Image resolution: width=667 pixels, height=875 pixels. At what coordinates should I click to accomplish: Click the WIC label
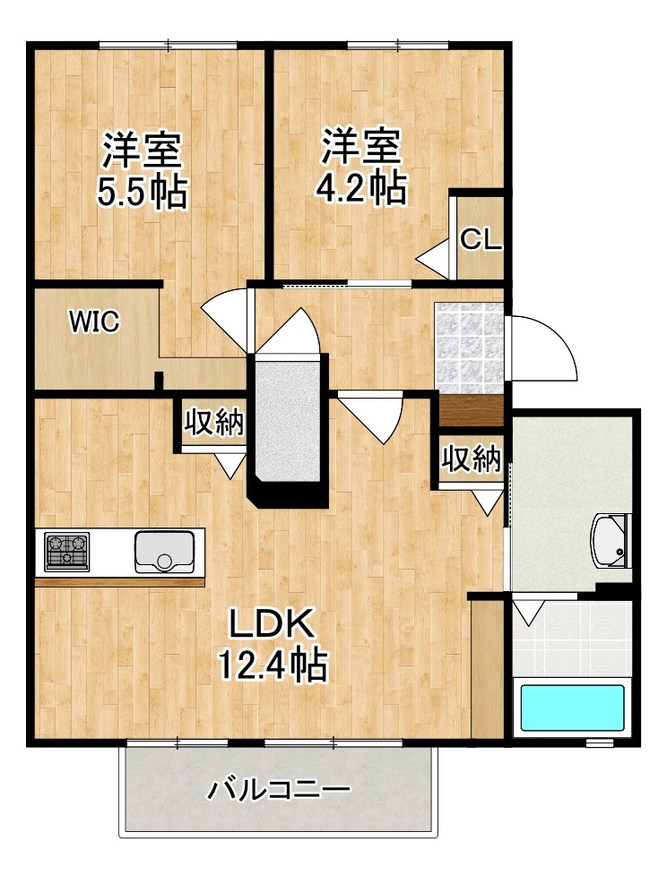pos(94,322)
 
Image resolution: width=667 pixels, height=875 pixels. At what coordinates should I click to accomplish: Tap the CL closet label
pos(481,240)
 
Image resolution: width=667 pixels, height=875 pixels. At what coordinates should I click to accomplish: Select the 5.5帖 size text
pos(142,193)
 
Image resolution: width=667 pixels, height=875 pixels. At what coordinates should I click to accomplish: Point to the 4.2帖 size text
pos(360,188)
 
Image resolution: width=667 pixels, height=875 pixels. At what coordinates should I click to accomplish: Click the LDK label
pos(272,624)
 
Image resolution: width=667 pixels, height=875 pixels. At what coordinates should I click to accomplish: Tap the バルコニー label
pos(280,790)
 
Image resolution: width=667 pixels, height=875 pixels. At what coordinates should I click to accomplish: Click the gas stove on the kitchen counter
pos(67,552)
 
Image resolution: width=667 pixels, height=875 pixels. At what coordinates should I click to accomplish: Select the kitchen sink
pos(164,552)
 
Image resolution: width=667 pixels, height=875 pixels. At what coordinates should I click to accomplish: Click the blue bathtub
pos(572,708)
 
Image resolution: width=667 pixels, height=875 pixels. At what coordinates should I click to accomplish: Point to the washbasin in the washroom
pos(610,540)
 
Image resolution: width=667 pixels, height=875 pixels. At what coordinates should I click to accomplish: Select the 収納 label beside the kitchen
pos(214,422)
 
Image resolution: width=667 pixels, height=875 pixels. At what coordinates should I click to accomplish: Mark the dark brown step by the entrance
pos(471,410)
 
